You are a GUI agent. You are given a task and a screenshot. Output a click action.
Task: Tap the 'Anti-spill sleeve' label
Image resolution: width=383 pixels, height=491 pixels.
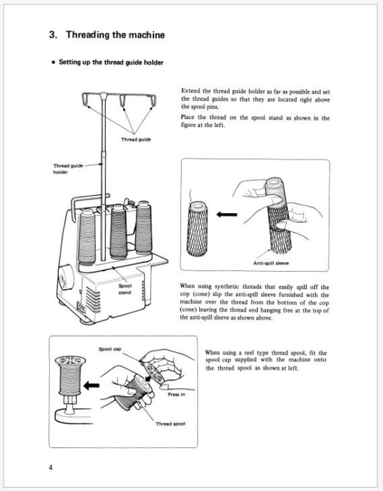tap(271, 263)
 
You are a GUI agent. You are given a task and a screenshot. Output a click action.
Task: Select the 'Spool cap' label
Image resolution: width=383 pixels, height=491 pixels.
tap(110, 348)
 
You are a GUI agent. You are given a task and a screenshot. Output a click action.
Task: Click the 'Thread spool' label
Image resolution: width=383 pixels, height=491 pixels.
tap(170, 424)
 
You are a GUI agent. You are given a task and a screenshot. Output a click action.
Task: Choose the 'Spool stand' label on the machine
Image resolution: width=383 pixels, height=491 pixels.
tap(125, 289)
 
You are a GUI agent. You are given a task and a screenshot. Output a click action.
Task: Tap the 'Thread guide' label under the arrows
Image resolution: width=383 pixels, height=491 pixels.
tap(136, 139)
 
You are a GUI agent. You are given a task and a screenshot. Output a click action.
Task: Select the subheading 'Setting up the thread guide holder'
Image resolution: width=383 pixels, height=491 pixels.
tap(110, 62)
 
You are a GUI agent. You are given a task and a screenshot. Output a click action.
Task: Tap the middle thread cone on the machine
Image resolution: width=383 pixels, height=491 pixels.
tap(118, 232)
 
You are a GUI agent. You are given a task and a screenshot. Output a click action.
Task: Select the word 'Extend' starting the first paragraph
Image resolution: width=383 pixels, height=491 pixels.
tap(189, 91)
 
